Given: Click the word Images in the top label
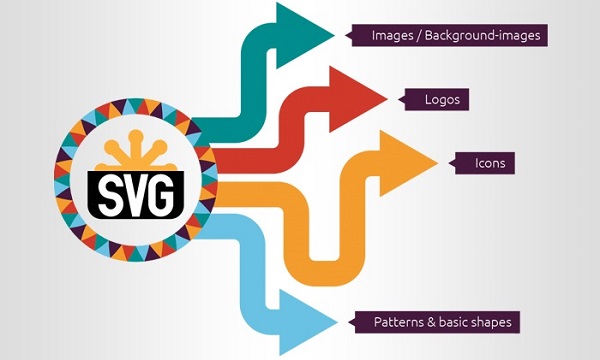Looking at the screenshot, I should point(393,36).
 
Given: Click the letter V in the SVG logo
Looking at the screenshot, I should point(135,190).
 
